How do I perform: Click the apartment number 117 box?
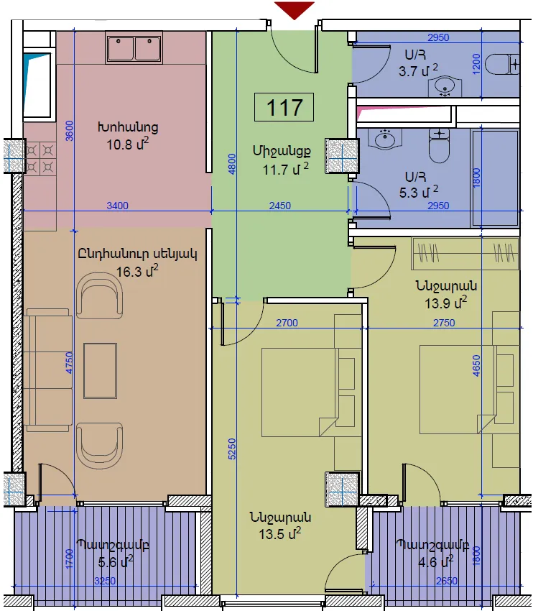pos(284,107)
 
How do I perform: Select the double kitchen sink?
pos(134,48)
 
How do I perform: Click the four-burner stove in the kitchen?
pos(40,158)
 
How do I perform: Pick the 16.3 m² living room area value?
pos(137,270)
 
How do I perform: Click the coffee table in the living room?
pos(100,371)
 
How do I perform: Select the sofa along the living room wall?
pos(48,370)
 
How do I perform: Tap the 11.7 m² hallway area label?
pos(286,170)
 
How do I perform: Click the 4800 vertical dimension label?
pos(231,164)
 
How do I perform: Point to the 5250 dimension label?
pos(231,449)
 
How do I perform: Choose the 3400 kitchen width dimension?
pos(117,206)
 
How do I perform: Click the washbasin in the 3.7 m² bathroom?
pos(445,86)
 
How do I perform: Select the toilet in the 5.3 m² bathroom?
pos(439,146)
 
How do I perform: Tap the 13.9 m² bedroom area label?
pos(446,303)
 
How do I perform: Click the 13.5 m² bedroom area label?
pos(280,533)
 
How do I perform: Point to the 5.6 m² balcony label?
pos(116,562)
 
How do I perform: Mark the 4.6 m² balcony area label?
pos(435,562)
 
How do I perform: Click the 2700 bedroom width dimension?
pos(287,323)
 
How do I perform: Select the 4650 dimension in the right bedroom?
pos(476,365)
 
